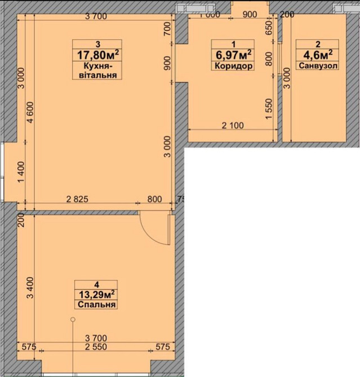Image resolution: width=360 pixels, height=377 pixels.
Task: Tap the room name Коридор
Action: [231, 66]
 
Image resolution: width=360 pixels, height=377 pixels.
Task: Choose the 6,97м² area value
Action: [231, 54]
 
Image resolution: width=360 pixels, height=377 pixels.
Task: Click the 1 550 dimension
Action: [270, 106]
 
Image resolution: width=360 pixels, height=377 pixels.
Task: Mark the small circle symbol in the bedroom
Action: [72, 320]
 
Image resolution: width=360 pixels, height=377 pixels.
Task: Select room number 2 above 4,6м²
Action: [317, 43]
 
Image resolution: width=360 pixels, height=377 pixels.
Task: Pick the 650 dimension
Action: [269, 27]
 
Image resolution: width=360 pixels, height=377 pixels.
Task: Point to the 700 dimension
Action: [167, 28]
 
